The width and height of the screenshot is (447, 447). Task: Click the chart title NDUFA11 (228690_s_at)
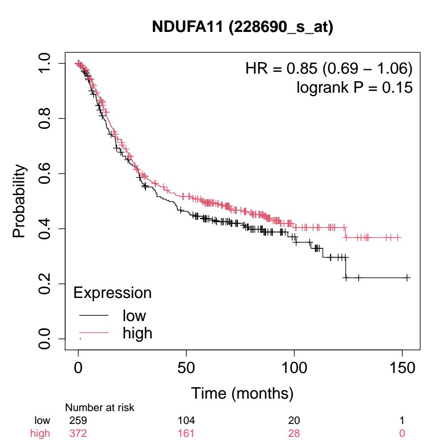click(x=243, y=27)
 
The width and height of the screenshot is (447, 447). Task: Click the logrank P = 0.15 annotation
click(x=354, y=87)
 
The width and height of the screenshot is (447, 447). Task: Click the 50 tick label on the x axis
click(x=186, y=368)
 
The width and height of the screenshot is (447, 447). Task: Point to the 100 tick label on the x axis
click(x=294, y=368)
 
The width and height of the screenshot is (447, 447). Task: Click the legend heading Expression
click(x=112, y=293)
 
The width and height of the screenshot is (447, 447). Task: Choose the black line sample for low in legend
click(x=94, y=316)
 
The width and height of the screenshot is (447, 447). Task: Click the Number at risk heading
click(x=94, y=408)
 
